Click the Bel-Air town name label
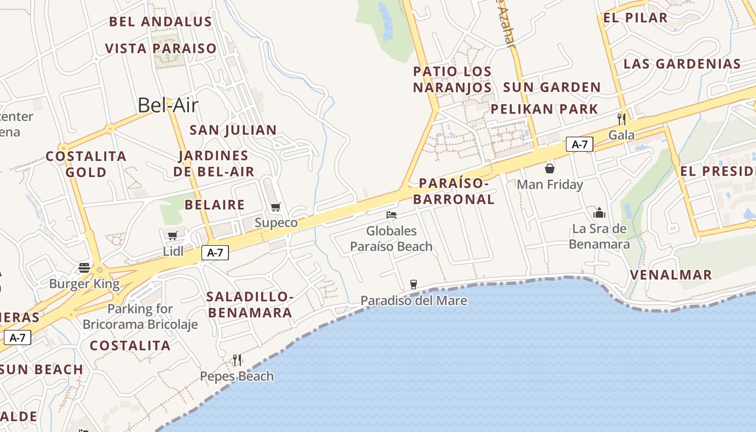click(x=168, y=105)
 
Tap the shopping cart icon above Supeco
click(x=276, y=207)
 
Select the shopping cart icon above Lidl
click(x=173, y=235)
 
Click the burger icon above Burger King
click(x=84, y=268)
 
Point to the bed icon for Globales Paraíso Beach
click(x=391, y=215)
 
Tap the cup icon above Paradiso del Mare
click(x=414, y=284)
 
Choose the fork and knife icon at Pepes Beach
click(x=237, y=360)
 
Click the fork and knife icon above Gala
click(x=622, y=119)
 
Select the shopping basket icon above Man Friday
click(x=550, y=168)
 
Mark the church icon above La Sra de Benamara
click(x=599, y=213)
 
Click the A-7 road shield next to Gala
click(x=579, y=144)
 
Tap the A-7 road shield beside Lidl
click(x=215, y=252)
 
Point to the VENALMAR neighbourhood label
click(x=671, y=275)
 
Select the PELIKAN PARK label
click(x=544, y=109)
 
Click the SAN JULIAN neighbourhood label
click(x=233, y=130)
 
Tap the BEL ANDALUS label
click(x=160, y=22)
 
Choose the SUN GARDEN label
click(x=552, y=87)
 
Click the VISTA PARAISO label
click(x=160, y=49)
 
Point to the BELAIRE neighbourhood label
click(x=214, y=205)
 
